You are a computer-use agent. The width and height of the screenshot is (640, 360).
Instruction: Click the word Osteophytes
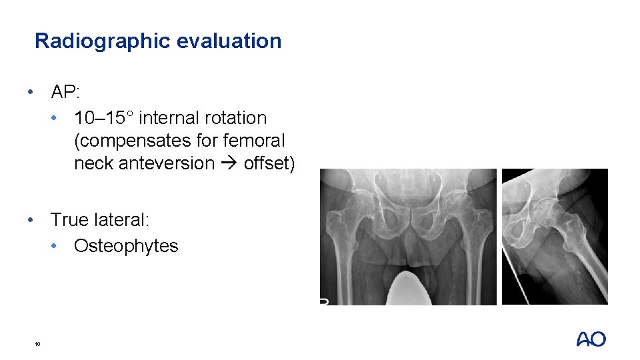point(126,246)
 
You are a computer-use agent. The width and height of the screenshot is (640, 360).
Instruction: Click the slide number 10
point(37,344)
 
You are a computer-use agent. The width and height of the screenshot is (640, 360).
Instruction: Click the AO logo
point(591,339)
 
